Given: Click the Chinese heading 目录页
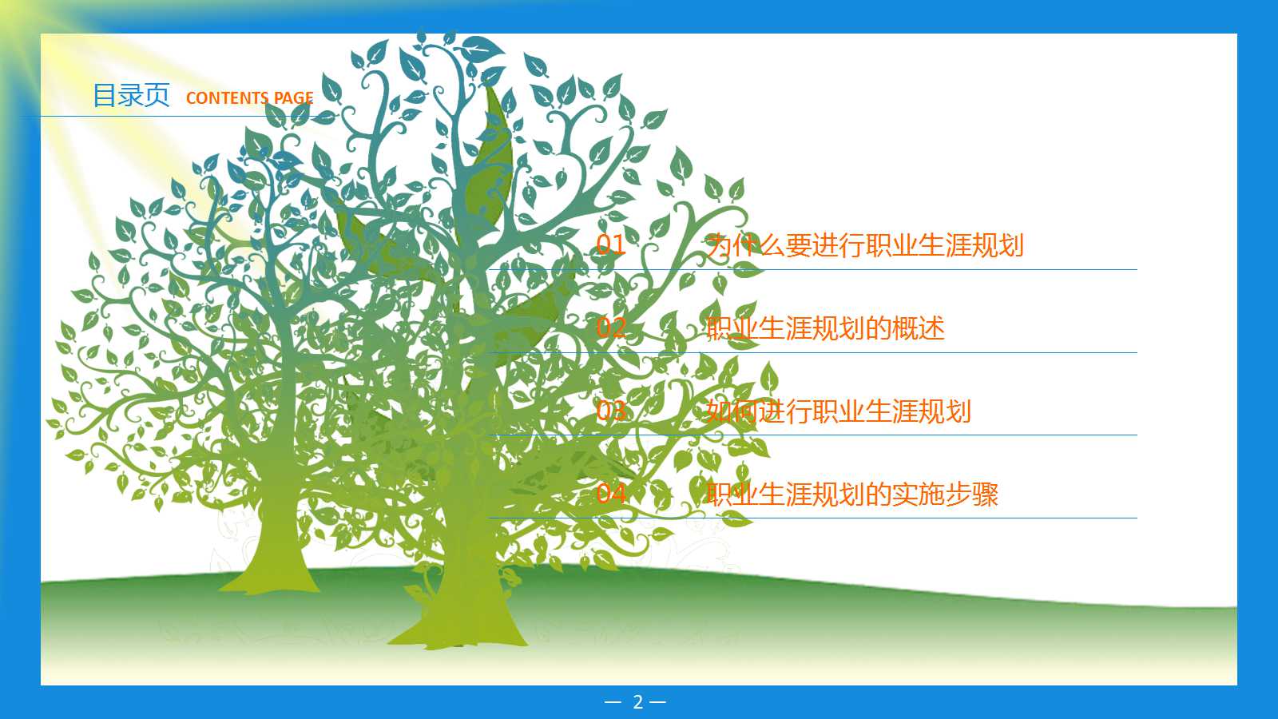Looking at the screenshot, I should point(131,95).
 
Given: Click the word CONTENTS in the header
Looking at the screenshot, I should point(226,98).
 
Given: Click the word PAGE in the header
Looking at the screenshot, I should point(293,98).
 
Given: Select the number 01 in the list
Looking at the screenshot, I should point(611,244).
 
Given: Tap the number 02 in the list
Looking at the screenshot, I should point(611,328).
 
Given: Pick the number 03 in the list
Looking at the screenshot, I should point(611,411).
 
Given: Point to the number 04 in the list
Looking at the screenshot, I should point(611,493).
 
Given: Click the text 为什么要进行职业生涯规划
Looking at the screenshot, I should point(864,245).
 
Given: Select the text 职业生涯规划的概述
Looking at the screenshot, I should point(825,328).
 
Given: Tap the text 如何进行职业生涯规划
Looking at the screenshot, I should point(838,411).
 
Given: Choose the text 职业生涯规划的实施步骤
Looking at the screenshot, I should point(851,495).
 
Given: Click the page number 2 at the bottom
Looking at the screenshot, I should point(637,702).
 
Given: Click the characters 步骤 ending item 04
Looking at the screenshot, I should point(971,495).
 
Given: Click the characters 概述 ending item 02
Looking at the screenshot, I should point(919,328).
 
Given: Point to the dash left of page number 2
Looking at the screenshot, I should point(613,702).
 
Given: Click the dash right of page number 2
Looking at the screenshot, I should point(657,702).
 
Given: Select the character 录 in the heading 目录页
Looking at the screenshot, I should point(131,95).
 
